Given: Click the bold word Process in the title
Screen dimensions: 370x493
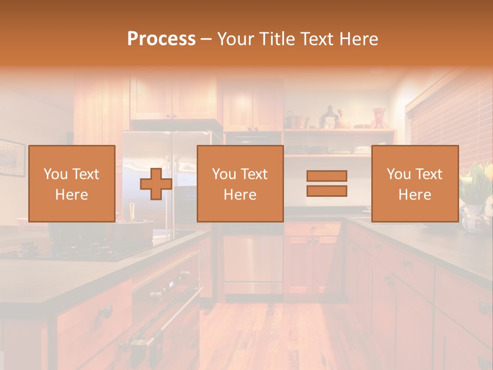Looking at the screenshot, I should tap(161, 39).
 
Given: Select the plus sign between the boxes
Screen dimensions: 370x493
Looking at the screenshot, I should tap(156, 183).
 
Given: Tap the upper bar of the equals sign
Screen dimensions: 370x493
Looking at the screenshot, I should tap(327, 176).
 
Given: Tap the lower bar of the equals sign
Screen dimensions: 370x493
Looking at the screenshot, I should tap(327, 191).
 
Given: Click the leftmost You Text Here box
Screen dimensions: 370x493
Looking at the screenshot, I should tap(71, 183).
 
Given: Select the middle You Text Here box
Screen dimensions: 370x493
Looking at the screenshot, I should tap(240, 183).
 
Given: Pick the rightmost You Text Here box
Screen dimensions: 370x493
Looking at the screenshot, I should tap(414, 183).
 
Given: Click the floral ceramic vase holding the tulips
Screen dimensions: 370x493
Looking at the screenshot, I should tap(473, 218).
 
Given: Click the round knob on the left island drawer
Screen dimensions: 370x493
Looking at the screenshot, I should tap(106, 311).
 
